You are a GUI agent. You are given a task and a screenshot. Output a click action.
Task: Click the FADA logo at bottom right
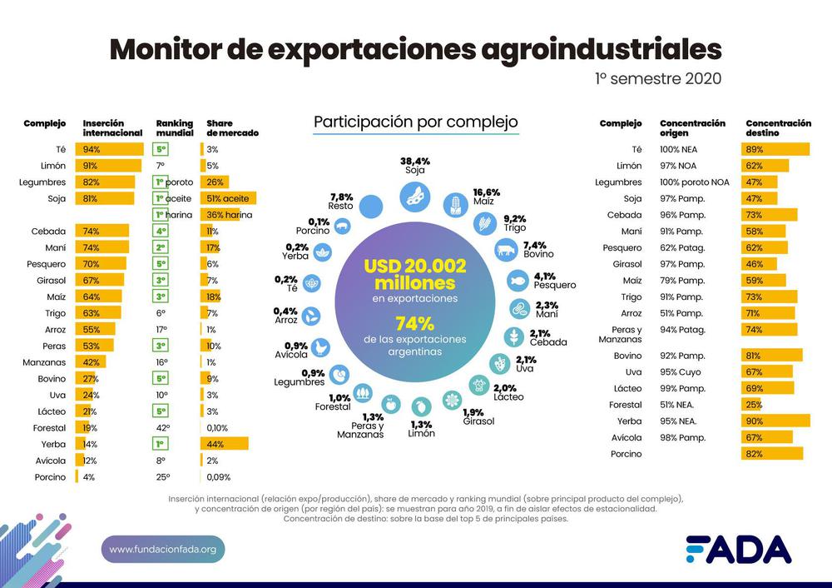pos(738,550)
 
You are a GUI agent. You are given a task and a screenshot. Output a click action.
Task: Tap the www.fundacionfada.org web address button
pos(163,550)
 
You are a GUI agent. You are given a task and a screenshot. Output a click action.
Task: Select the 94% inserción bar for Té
pos(109,150)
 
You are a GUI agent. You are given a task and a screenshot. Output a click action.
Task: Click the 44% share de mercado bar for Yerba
pos(225,445)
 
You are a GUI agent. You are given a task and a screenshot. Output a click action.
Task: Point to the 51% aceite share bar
pos(229,199)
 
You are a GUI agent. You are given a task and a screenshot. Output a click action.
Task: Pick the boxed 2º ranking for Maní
pos(161,247)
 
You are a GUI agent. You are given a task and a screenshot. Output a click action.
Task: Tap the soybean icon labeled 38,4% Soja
pos(414,197)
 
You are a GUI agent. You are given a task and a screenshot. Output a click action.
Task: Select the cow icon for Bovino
pos(504,249)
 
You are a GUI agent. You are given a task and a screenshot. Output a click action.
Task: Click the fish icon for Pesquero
pos(517,281)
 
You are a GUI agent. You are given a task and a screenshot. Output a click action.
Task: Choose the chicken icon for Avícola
pos(320,347)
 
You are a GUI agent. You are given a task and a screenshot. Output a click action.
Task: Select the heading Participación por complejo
pos(415,122)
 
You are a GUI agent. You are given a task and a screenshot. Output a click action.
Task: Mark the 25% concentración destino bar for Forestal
pos(753,405)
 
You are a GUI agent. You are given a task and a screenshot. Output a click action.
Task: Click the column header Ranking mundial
pos(174,128)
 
